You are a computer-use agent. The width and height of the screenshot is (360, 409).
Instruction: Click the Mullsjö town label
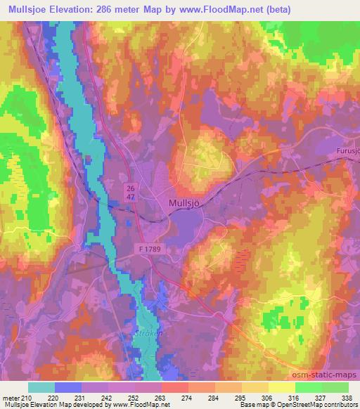[186, 203]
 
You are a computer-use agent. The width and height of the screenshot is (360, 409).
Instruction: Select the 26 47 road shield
[131, 193]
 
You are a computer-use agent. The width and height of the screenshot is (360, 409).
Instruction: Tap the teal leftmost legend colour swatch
[41, 387]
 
